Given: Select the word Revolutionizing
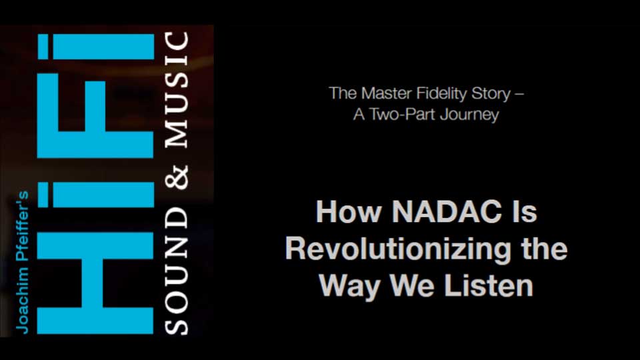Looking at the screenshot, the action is pos(398,249).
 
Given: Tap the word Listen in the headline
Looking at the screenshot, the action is pos(488,285).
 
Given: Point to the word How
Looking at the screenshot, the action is pos(349,211).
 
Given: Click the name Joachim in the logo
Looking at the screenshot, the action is pos(22,301).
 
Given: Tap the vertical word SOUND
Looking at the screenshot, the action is pos(177,271).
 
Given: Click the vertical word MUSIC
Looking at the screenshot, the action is pos(177,90).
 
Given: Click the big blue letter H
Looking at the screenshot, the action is pos(95,283).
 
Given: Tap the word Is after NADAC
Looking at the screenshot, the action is pos(524,211).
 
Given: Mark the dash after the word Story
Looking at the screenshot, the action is pos(519,95).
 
